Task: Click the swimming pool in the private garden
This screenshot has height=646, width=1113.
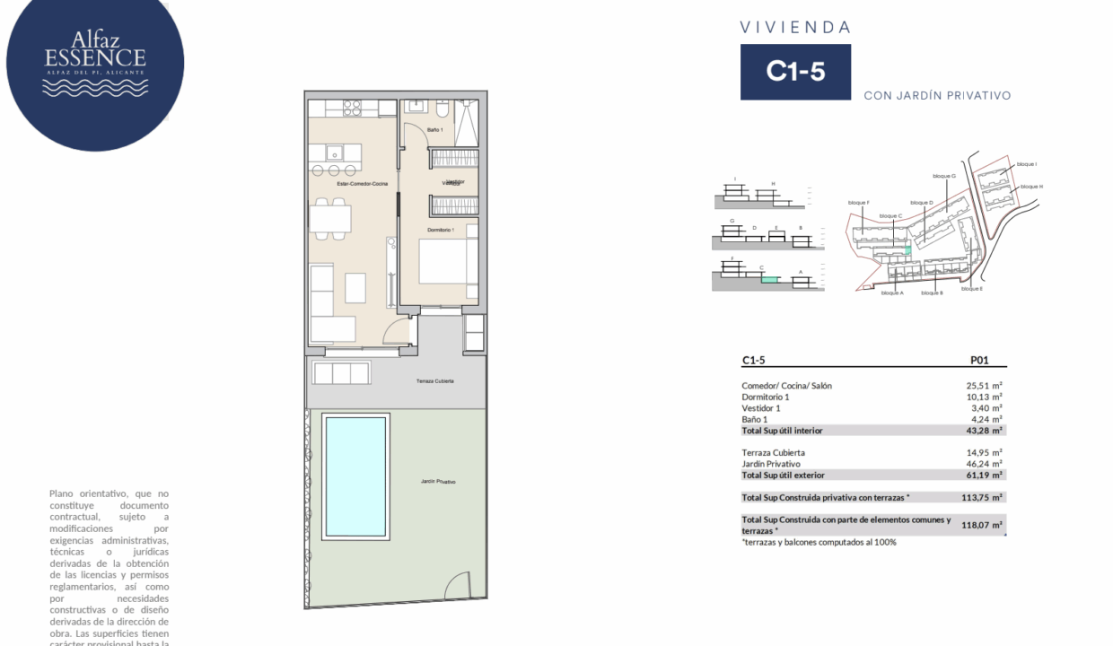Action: point(355,476)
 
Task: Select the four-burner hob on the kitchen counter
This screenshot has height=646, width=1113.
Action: point(351,108)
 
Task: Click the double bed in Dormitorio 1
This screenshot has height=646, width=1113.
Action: point(443,265)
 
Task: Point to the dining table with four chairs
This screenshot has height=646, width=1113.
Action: point(330,218)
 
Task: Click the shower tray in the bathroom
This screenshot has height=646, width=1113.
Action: point(467,122)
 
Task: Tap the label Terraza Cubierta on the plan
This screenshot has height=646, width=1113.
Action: point(434,381)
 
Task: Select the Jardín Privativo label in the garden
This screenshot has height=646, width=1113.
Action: point(438,482)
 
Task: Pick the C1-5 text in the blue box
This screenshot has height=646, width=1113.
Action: point(795,72)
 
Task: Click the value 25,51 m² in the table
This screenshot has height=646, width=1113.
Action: point(984,386)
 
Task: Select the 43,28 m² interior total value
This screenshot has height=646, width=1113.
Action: point(984,431)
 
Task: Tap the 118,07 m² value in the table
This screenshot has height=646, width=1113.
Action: point(982,526)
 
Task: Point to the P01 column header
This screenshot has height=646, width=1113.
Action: point(979,361)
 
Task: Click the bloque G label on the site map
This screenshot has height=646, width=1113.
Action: point(944,176)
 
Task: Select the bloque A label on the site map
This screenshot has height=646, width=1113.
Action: point(892,293)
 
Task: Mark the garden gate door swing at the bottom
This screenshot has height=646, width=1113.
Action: point(458,586)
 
